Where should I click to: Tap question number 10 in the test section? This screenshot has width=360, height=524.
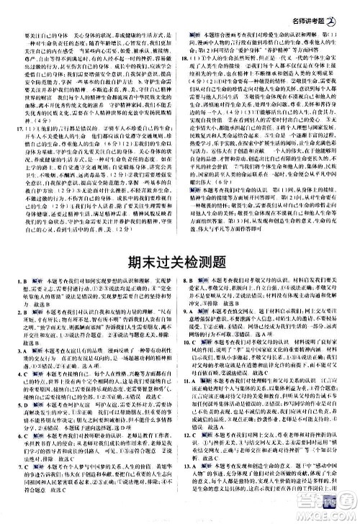click(x=189, y=361)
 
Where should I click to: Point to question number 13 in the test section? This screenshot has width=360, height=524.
click(x=189, y=484)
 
